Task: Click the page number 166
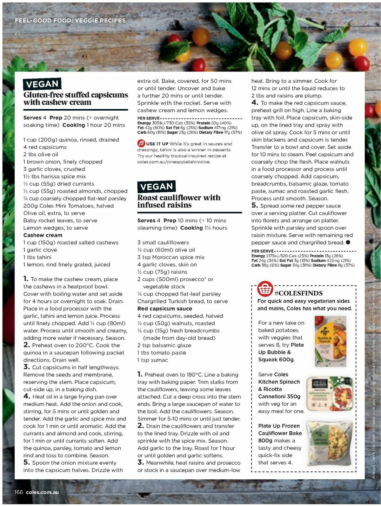click(19, 492)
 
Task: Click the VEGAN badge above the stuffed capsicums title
click(42, 84)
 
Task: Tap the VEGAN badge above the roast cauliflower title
click(156, 187)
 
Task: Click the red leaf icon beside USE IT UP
click(141, 144)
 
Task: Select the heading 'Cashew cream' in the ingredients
click(43, 235)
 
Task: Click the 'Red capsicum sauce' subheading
click(164, 309)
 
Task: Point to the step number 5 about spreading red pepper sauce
click(254, 205)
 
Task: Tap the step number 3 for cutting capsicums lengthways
click(26, 367)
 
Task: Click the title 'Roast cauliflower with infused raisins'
click(178, 201)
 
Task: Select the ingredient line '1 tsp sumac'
click(152, 360)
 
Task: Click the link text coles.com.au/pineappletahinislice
click(173, 162)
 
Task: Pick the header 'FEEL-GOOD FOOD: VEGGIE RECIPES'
click(70, 21)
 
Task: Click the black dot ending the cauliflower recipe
click(348, 243)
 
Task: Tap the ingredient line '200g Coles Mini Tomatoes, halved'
click(68, 206)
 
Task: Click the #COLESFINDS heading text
click(298, 293)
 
